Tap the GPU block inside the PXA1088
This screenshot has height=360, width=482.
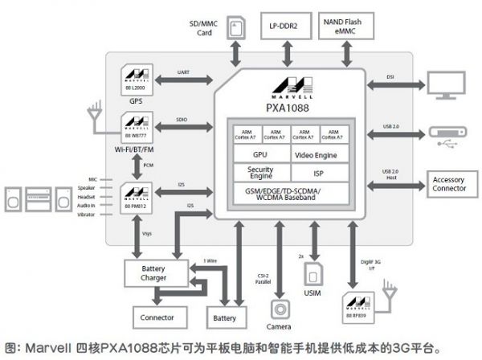pyautogui.click(x=260, y=154)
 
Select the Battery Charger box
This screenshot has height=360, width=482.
pyautogui.click(x=153, y=272)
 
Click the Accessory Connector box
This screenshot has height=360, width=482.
pyautogui.click(x=448, y=184)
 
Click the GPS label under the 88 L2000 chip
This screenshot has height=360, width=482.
pyautogui.click(x=135, y=101)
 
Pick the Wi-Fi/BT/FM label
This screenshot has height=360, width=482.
pyautogui.click(x=136, y=149)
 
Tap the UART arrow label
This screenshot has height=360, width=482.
pyautogui.click(x=183, y=73)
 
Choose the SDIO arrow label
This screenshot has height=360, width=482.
pyautogui.click(x=183, y=121)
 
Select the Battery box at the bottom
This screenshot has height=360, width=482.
pyautogui.click(x=225, y=318)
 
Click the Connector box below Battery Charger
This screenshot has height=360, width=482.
pyautogui.click(x=157, y=318)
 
